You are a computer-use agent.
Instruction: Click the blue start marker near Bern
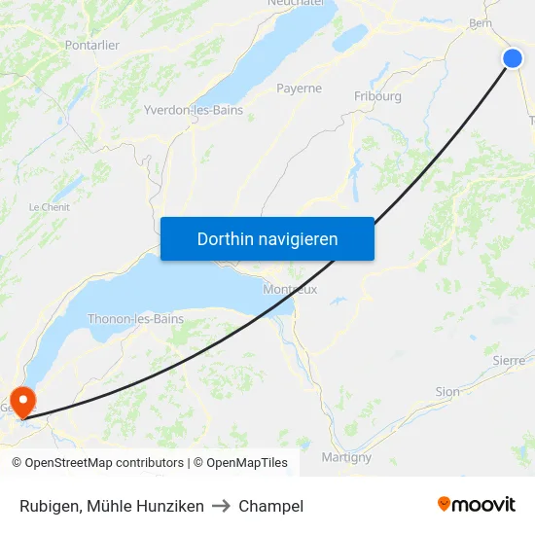pyautogui.click(x=513, y=58)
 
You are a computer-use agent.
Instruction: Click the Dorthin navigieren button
pyautogui.click(x=267, y=238)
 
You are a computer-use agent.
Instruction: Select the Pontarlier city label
pyautogui.click(x=91, y=45)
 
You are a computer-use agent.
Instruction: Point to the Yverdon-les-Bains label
pyautogui.click(x=194, y=110)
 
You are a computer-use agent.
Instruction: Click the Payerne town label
pyautogui.click(x=299, y=88)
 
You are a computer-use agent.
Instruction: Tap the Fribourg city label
pyautogui.click(x=377, y=96)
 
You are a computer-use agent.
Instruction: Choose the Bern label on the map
pyautogui.click(x=480, y=22)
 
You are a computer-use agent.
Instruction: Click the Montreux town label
pyautogui.click(x=290, y=289)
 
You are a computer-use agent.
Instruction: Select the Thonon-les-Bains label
pyautogui.click(x=135, y=318)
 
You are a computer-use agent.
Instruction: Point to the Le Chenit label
pyautogui.click(x=49, y=207)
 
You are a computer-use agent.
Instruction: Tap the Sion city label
pyautogui.click(x=447, y=392)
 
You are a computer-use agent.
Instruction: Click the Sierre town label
pyautogui.click(x=509, y=360)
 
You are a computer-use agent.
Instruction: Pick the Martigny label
pyautogui.click(x=346, y=456)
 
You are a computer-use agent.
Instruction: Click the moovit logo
pyautogui.click(x=477, y=505)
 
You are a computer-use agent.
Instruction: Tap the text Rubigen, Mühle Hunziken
pyautogui.click(x=112, y=506)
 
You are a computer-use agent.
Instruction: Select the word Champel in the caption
pyautogui.click(x=270, y=506)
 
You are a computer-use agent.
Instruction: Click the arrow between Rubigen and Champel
pyautogui.click(x=221, y=506)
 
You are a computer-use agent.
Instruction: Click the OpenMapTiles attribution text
pyautogui.click(x=240, y=463)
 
